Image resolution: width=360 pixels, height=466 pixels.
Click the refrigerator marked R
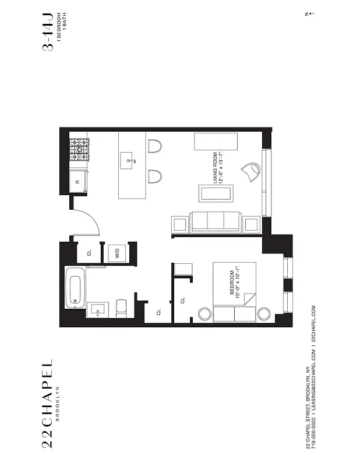pos(79,182)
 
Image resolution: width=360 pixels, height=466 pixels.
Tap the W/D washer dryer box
pos(117,253)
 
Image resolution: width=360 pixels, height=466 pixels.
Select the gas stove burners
pos(79,150)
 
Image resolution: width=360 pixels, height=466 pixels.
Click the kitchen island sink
pos(128,158)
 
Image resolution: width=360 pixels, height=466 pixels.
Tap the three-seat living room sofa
pos(216,222)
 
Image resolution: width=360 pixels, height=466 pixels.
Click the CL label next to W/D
pos(89,253)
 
